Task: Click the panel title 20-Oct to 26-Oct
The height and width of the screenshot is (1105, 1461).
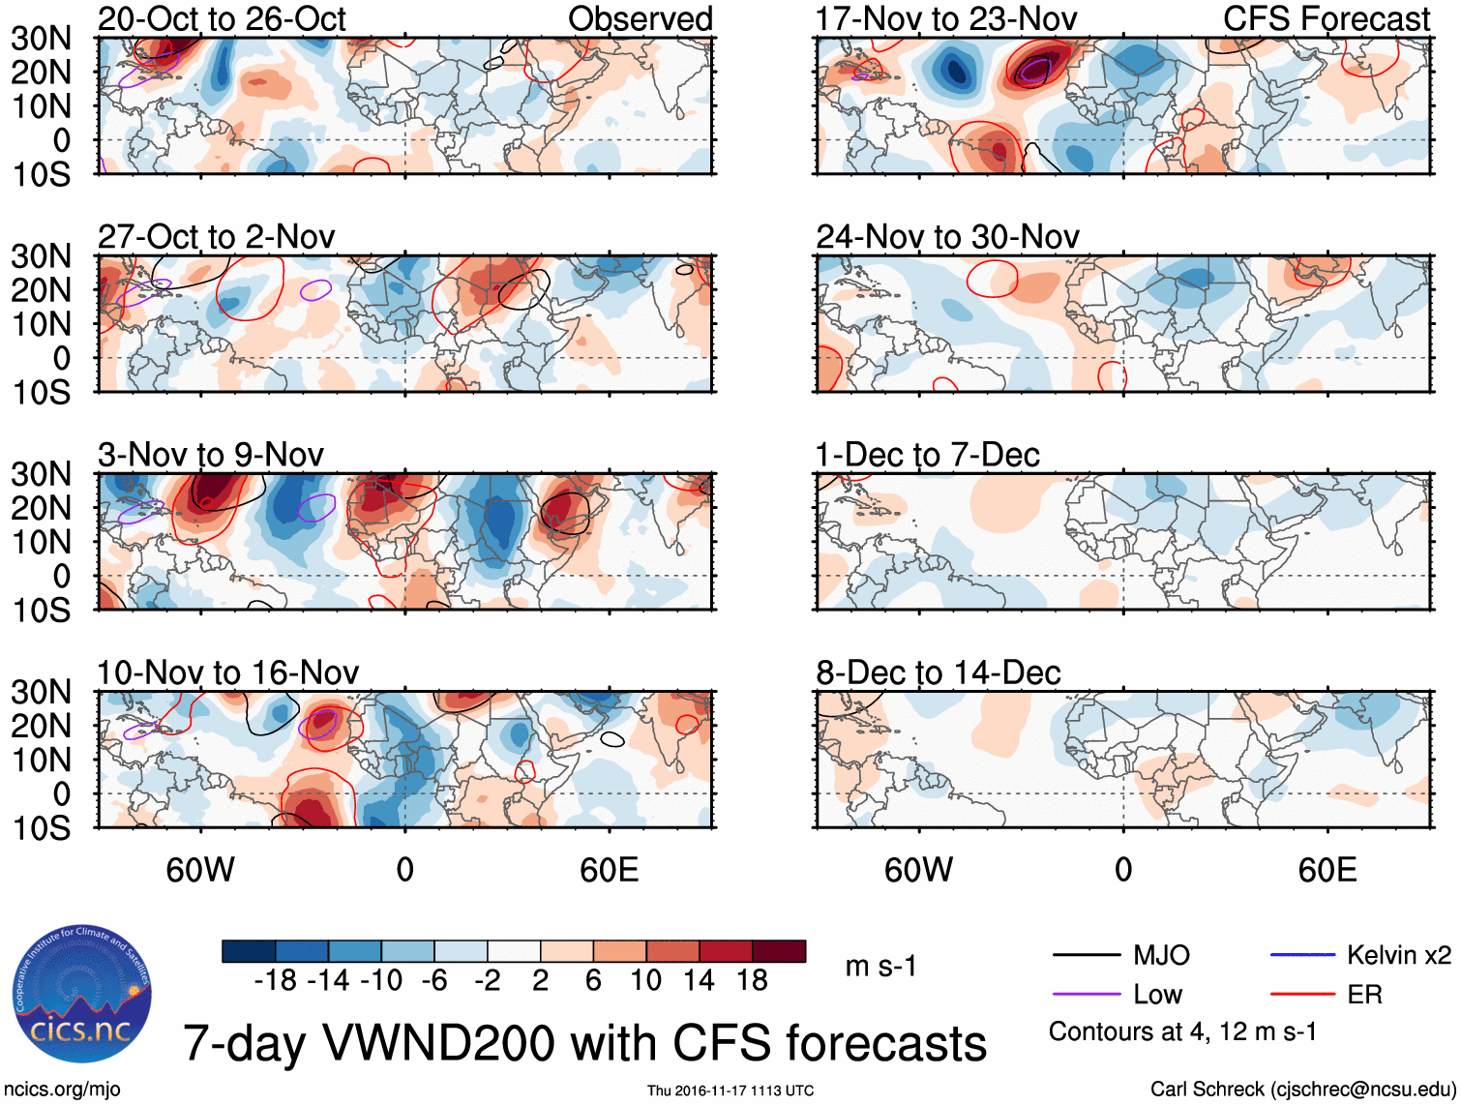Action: [222, 19]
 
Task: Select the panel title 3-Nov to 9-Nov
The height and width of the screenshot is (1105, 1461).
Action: [210, 455]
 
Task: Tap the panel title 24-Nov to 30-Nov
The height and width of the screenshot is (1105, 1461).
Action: [947, 237]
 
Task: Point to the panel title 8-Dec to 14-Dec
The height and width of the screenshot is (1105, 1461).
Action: [938, 672]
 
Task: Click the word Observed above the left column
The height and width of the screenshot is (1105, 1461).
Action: [640, 19]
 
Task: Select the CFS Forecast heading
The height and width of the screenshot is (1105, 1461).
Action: [1326, 19]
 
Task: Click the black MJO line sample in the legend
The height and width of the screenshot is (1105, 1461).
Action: [1086, 956]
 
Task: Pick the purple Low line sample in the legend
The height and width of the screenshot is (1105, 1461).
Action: [1086, 995]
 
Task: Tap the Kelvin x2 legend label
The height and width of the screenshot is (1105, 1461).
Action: [1398, 956]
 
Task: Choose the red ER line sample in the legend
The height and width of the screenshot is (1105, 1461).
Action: [1301, 995]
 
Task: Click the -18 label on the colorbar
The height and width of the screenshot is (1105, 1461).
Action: [275, 981]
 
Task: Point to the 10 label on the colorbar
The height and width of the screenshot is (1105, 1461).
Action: [645, 981]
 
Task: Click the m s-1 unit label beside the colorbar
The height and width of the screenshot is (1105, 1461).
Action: [880, 967]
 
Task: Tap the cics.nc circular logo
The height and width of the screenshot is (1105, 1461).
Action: [82, 995]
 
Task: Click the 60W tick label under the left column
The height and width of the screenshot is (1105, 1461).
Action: [200, 870]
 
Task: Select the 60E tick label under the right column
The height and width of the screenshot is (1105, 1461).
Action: [1327, 870]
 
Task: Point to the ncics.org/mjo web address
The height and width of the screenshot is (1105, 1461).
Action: [62, 1090]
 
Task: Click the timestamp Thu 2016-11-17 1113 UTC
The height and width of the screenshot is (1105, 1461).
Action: [730, 1090]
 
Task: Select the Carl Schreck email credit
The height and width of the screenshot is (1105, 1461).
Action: [1302, 1090]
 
